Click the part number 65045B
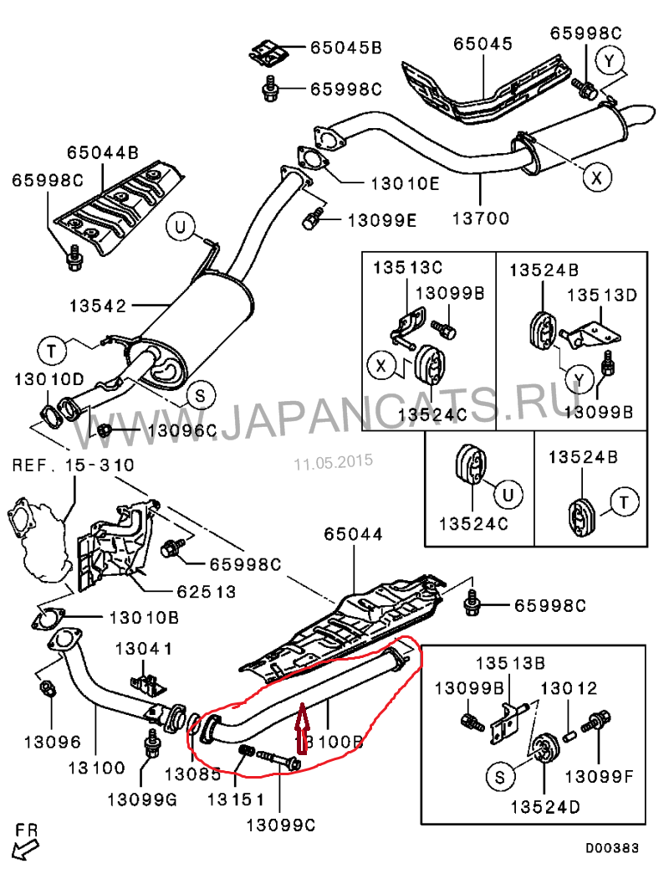pyautogui.click(x=345, y=48)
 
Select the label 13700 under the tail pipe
pyautogui.click(x=480, y=219)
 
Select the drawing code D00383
pyautogui.click(x=611, y=848)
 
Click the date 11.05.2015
pyautogui.click(x=333, y=461)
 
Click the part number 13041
pyautogui.click(x=144, y=648)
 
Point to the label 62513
pyautogui.click(x=206, y=592)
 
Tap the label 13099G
pyautogui.click(x=142, y=799)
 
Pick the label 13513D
pyautogui.click(x=602, y=295)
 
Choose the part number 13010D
pyautogui.click(x=49, y=379)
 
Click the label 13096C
pyautogui.click(x=181, y=431)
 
